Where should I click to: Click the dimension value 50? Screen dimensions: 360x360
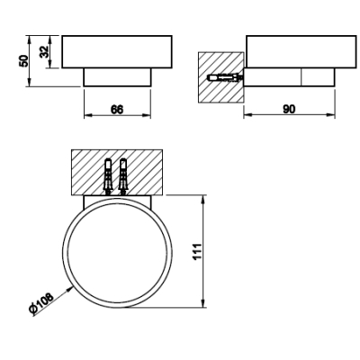pyautogui.click(x=23, y=61)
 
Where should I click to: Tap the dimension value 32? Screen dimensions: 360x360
pyautogui.click(x=45, y=51)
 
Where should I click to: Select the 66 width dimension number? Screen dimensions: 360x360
pyautogui.click(x=117, y=110)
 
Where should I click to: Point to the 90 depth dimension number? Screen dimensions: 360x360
pyautogui.click(x=289, y=109)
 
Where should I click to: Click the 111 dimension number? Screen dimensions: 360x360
pyautogui.click(x=198, y=251)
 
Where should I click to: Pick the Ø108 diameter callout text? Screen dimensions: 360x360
pyautogui.click(x=41, y=303)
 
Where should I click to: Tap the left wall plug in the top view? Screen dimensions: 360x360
pyautogui.click(x=108, y=176)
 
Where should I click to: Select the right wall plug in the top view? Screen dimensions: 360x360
pyautogui.click(x=123, y=176)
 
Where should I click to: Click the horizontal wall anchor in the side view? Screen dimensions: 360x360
pyautogui.click(x=225, y=78)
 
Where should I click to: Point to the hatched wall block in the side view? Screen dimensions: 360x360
pyautogui.click(x=220, y=77)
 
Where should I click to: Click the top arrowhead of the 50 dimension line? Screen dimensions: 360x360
pyautogui.click(x=29, y=39)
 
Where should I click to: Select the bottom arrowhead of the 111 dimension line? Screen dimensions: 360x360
pyautogui.click(x=203, y=303)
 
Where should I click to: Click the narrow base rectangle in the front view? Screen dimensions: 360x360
pyautogui.click(x=117, y=77)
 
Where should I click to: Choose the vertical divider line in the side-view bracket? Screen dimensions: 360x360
pyautogui.click(x=301, y=77)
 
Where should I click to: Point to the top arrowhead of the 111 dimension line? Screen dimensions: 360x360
pyautogui.click(x=203, y=200)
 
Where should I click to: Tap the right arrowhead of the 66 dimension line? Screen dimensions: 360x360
pyautogui.click(x=147, y=115)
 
